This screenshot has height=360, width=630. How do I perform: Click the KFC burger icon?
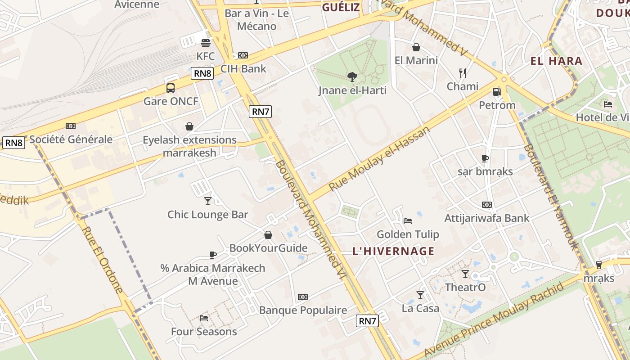206,43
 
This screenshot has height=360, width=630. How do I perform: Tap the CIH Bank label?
243,69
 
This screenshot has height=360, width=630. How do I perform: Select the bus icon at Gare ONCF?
171,88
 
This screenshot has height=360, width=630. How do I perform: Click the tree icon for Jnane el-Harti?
352,77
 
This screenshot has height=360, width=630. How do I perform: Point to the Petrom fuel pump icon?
497,92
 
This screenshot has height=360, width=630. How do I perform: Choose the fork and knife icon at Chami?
462,73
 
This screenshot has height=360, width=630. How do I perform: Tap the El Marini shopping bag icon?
416,47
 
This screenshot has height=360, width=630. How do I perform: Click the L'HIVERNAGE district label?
394,251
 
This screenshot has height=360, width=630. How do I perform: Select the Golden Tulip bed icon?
408,221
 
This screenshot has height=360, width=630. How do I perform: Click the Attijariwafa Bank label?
487,218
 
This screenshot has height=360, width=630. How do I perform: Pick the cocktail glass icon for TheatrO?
465,274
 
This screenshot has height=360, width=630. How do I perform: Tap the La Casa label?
420,308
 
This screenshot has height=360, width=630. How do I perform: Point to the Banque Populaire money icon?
303,297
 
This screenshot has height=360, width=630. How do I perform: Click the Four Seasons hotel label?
204,332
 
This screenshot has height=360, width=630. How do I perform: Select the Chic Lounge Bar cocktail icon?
207,201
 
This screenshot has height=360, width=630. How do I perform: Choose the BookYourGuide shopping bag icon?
268,235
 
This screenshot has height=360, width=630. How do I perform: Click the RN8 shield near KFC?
202,73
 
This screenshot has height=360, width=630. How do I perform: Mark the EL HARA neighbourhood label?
556,61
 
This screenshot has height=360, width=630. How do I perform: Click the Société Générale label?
71,139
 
